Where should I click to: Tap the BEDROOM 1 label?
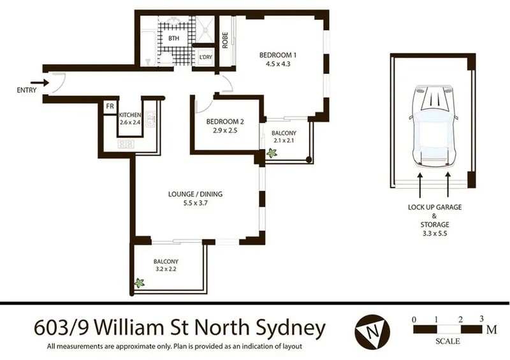pyautogui.click(x=279, y=55)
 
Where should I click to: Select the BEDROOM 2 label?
pyautogui.click(x=221, y=122)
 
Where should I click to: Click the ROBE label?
pyautogui.click(x=225, y=41)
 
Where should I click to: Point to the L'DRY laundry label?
pyautogui.click(x=205, y=57)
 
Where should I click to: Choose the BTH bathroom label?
pyautogui.click(x=173, y=39)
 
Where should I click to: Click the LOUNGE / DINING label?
pyautogui.click(x=194, y=194)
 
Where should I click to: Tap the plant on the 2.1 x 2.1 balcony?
pyautogui.click(x=272, y=153)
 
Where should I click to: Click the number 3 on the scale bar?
pyautogui.click(x=482, y=319)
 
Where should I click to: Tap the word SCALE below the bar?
pyautogui.click(x=448, y=342)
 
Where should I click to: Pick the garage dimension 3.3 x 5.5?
pyautogui.click(x=434, y=233)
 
